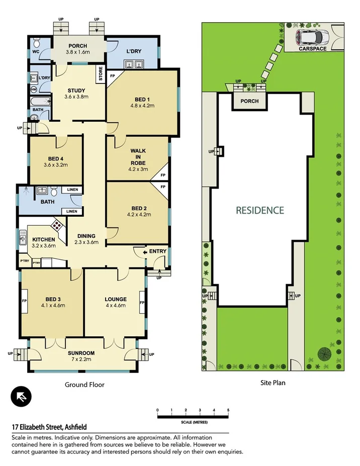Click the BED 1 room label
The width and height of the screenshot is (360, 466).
[141, 99]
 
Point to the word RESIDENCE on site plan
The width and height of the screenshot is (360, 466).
[260, 211]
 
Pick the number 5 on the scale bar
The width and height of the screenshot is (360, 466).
[228, 410]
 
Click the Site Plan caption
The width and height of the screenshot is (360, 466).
[273, 383]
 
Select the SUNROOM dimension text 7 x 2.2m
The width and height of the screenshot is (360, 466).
[81, 360]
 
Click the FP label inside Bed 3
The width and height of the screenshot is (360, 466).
[24, 301]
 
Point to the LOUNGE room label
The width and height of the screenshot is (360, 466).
[116, 299]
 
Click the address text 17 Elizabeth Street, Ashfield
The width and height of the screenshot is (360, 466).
[49, 427]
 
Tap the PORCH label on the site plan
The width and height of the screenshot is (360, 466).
[249, 101]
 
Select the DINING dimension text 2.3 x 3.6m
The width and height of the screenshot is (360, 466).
[86, 242]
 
